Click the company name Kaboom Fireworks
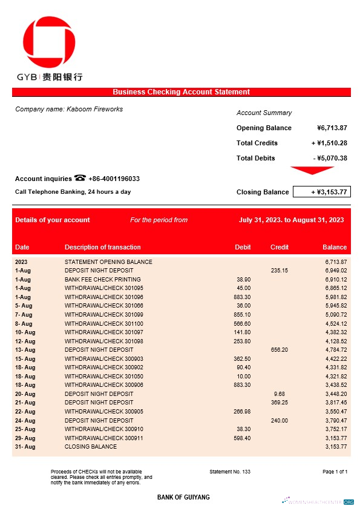pyautogui.click(x=69, y=109)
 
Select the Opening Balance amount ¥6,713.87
pyautogui.click(x=332, y=128)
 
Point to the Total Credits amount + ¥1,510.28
pyautogui.click(x=329, y=143)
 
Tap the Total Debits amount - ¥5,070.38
pyautogui.click(x=330, y=158)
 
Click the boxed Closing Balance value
pyautogui.click(x=321, y=192)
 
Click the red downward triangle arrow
pyautogui.click(x=312, y=170)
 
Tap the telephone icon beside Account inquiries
pyautogui.click(x=80, y=178)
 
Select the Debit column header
pyautogui.click(x=242, y=247)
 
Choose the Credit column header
pyautogui.click(x=279, y=247)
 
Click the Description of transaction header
pyautogui.click(x=102, y=247)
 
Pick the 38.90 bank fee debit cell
pyautogui.click(x=243, y=280)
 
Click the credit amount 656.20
pyautogui.click(x=280, y=350)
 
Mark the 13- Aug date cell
pyautogui.click(x=25, y=350)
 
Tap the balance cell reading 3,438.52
pyautogui.click(x=335, y=385)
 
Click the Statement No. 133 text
pyautogui.click(x=229, y=471)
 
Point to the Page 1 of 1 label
pyautogui.click(x=335, y=471)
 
